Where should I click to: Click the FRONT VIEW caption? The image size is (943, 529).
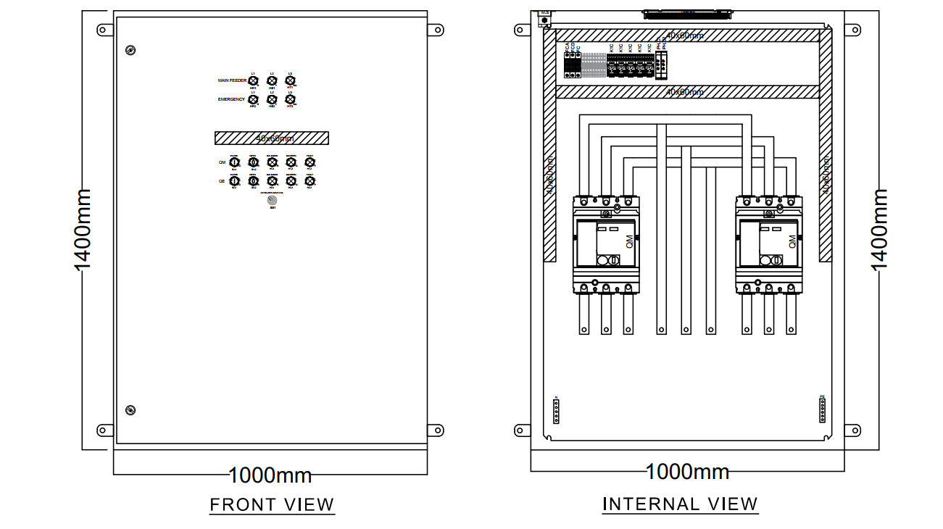tap(272, 504)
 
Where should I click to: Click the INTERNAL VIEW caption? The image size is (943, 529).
tap(680, 504)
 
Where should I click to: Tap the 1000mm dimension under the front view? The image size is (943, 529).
tap(270, 475)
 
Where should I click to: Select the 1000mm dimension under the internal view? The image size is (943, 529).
tap(687, 472)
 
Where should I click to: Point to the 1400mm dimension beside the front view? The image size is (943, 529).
tap(83, 230)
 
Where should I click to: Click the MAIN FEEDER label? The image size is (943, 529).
tap(232, 80)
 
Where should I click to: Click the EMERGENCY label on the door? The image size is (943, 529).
tap(231, 99)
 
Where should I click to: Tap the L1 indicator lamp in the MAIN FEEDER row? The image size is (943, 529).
tap(253, 81)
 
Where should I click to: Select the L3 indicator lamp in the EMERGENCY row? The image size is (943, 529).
tap(290, 99)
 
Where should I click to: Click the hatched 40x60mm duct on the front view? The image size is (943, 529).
tap(271, 138)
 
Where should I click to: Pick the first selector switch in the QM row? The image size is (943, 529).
tap(234, 163)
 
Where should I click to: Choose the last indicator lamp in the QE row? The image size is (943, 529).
tap(310, 181)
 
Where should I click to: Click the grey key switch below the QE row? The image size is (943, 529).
tap(273, 200)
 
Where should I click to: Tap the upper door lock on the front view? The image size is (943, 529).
tap(130, 50)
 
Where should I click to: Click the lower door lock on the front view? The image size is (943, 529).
tap(130, 410)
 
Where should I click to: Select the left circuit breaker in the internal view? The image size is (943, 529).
tap(606, 244)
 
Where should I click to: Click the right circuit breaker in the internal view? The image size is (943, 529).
tap(768, 244)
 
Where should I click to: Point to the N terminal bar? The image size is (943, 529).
tap(556, 410)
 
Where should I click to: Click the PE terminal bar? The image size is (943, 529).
tap(822, 410)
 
